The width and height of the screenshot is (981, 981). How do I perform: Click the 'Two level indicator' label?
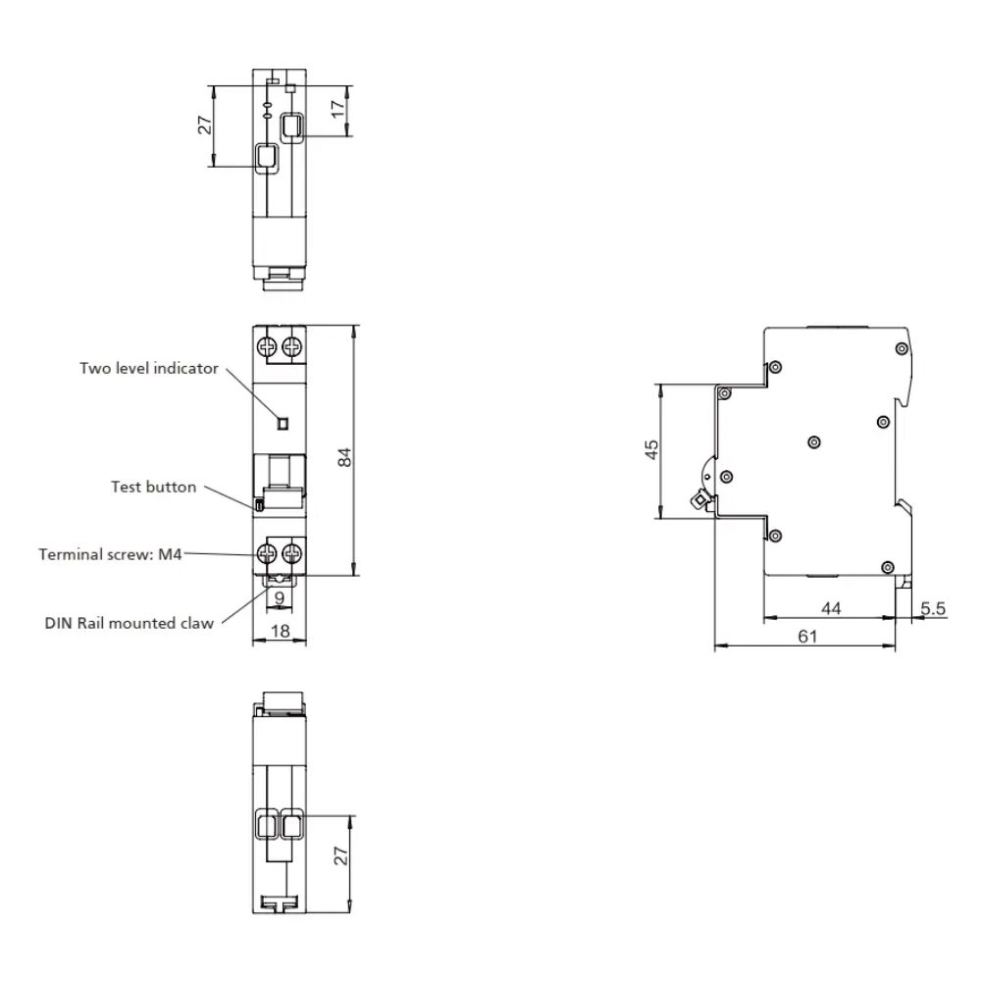tap(149, 368)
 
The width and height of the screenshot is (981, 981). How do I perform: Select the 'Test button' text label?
tap(153, 487)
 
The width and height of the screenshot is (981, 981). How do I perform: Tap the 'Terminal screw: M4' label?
tap(110, 554)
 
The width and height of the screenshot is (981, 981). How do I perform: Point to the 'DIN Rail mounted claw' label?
tap(129, 623)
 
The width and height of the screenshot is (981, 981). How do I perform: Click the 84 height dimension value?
tap(344, 457)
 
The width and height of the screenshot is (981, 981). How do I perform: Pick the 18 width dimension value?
tap(281, 631)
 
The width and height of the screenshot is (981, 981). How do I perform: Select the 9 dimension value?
tap(280, 598)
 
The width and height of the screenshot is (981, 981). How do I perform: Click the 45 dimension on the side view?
tap(651, 449)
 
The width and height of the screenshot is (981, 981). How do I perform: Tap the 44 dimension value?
tap(831, 608)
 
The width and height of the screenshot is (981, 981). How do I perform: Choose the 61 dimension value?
tap(807, 637)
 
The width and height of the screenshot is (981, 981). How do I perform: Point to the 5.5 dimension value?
tap(933, 608)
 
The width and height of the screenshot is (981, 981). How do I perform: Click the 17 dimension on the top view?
tap(337, 109)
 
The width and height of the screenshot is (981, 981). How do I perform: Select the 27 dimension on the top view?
tap(205, 125)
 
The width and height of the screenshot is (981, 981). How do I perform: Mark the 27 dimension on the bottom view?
tap(341, 855)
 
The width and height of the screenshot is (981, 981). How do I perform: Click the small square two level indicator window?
tap(283, 424)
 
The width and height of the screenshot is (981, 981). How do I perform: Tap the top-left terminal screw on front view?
tap(268, 346)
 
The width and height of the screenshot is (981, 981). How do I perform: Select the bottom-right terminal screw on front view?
tap(291, 553)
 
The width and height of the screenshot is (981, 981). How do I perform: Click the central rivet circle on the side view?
tap(814, 442)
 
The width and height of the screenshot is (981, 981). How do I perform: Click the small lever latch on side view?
tap(698, 499)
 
